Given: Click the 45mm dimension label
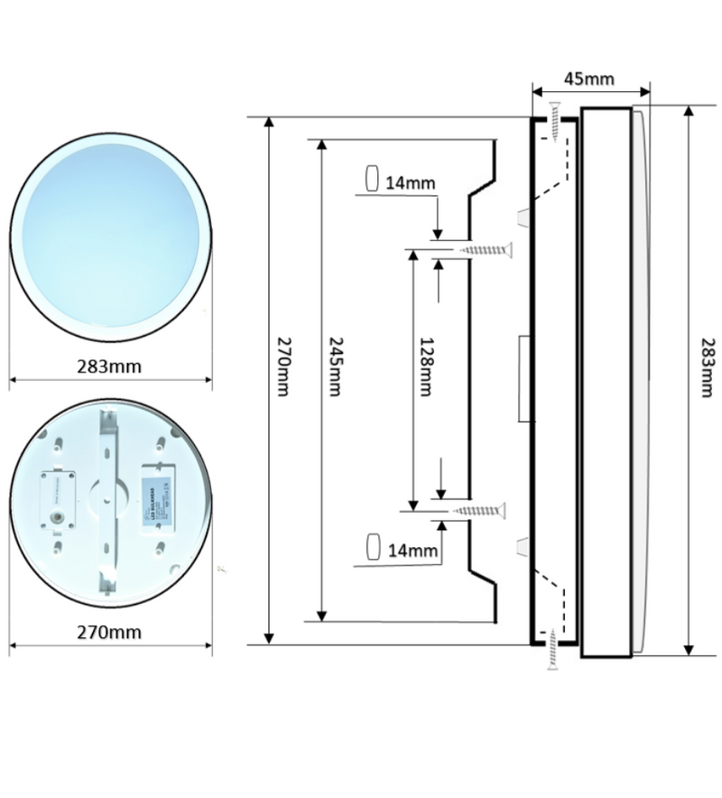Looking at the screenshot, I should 588,79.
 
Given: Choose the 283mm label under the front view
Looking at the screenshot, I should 111,367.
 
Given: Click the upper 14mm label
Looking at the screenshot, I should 410,183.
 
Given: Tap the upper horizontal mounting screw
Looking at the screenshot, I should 486,249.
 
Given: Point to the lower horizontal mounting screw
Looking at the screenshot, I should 486,511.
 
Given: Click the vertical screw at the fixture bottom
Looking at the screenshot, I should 551,650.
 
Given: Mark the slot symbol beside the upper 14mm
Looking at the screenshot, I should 372,179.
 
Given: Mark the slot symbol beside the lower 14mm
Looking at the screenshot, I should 371,546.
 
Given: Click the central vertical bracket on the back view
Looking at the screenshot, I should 109,501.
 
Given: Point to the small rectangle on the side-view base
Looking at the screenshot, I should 524,378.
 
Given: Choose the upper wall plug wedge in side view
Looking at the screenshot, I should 523,217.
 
